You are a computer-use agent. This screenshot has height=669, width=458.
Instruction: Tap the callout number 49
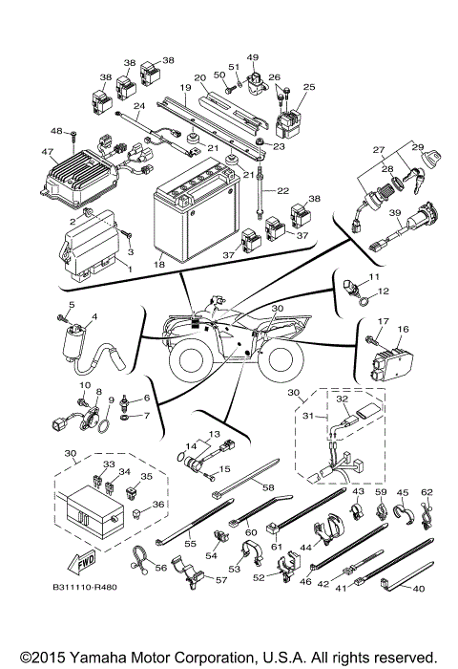point(253,57)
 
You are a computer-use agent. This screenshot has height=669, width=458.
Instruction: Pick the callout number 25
point(307,87)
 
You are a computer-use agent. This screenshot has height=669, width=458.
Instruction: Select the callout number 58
point(268,488)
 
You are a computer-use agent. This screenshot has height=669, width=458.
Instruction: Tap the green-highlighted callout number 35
point(146,475)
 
